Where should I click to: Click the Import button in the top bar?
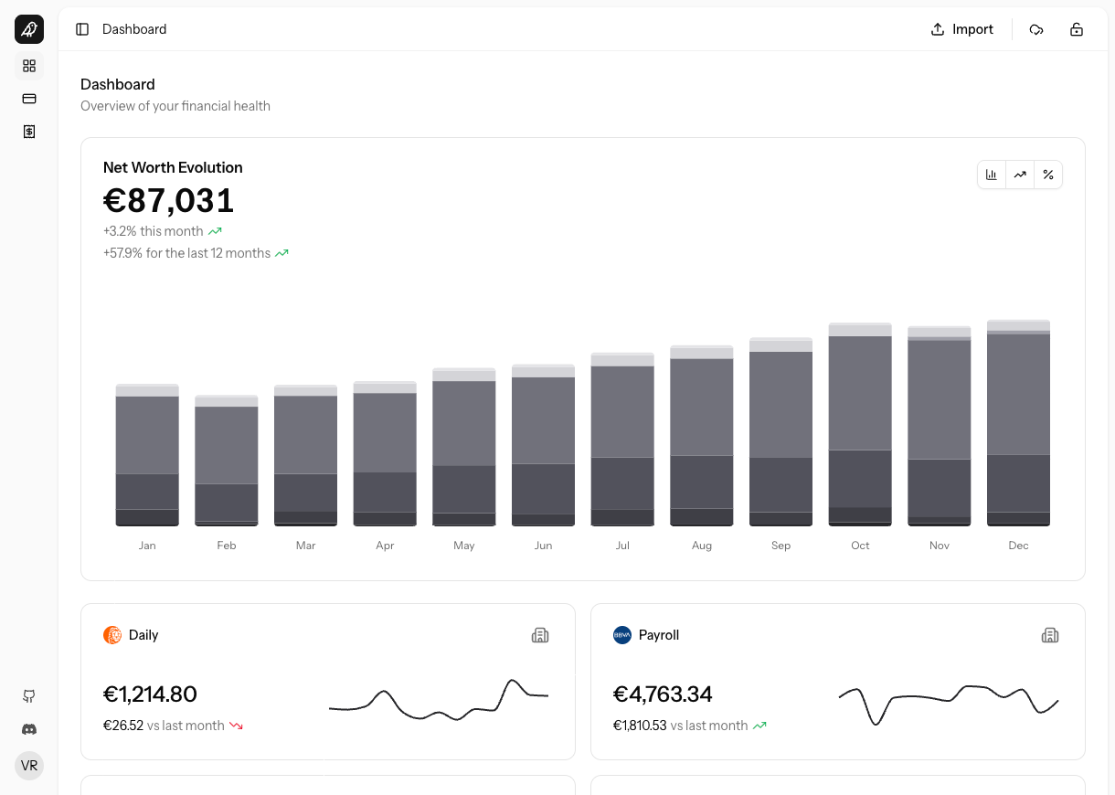click(x=961, y=29)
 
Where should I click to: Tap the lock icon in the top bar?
click(x=1077, y=29)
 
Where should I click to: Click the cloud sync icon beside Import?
click(x=1036, y=29)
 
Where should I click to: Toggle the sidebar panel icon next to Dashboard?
click(x=82, y=29)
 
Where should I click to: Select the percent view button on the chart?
click(x=1048, y=175)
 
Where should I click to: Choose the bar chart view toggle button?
click(x=992, y=175)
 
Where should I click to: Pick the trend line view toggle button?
click(x=1020, y=175)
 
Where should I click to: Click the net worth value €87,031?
click(x=169, y=200)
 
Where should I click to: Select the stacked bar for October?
click(x=860, y=425)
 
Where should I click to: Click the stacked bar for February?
click(x=227, y=461)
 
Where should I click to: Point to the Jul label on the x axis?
click(x=622, y=546)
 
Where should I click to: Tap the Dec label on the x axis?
click(x=1018, y=546)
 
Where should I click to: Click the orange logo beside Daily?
click(x=112, y=635)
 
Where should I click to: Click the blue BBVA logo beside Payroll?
click(x=622, y=635)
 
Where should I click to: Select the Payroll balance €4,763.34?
click(x=663, y=694)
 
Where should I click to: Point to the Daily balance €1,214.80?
click(x=150, y=694)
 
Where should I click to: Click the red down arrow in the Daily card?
click(x=236, y=726)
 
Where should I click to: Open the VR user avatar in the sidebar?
click(x=29, y=766)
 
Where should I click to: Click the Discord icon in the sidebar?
click(x=29, y=729)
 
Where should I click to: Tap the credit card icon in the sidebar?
click(x=29, y=99)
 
